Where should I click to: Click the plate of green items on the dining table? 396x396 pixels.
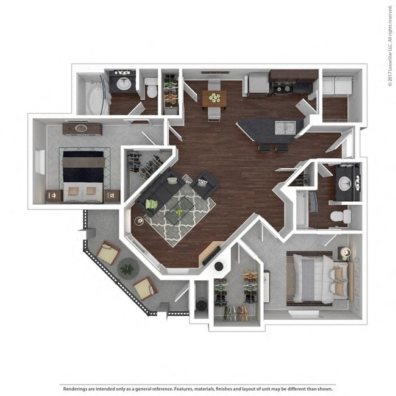pyautogui.click(x=214, y=96)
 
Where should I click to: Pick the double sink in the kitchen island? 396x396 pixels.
pyautogui.click(x=284, y=127)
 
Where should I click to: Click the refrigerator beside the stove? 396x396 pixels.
pyautogui.click(x=258, y=83)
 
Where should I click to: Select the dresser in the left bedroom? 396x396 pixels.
pyautogui.click(x=82, y=129)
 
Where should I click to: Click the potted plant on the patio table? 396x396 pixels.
pyautogui.click(x=127, y=268)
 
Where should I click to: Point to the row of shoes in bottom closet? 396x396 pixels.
pyautogui.click(x=238, y=313)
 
